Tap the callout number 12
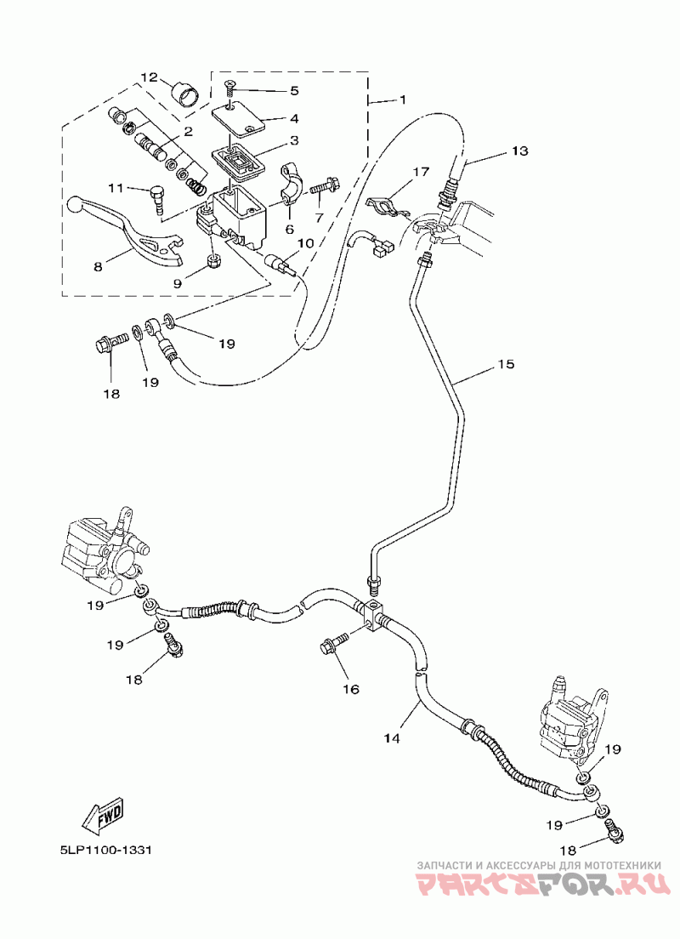[149, 77]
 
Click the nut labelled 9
[213, 261]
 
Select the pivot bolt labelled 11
[157, 196]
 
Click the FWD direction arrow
[103, 817]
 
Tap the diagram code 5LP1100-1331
[105, 851]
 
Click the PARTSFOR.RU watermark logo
[544, 885]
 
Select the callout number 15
[506, 363]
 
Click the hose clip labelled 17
[386, 205]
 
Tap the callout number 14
[392, 737]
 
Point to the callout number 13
[519, 151]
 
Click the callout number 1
[403, 99]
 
